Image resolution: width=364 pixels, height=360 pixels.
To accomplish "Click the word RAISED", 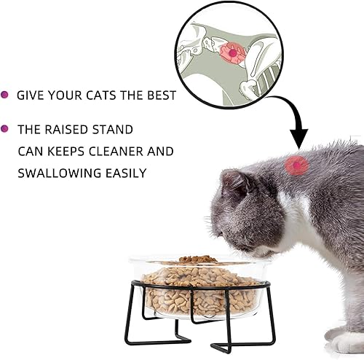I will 68,130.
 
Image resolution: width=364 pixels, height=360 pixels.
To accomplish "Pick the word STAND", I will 115,130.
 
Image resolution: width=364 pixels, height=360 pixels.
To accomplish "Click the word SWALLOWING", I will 56,173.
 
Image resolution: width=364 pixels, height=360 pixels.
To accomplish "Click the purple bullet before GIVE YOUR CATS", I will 5,95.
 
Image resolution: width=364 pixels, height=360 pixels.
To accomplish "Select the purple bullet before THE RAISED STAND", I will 5,129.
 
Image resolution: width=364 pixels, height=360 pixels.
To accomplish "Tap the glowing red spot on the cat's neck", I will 296,165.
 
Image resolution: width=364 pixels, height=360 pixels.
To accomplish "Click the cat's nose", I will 216,234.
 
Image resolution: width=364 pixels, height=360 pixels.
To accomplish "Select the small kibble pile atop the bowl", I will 197,259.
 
